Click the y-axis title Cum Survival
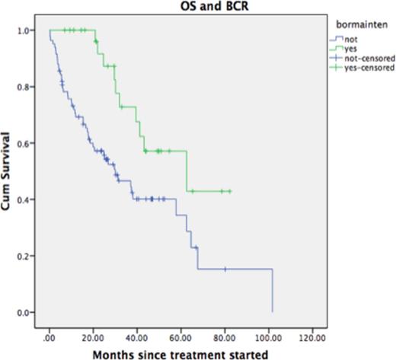pyautogui.click(x=8, y=172)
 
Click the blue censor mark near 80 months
pyautogui.click(x=225, y=269)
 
